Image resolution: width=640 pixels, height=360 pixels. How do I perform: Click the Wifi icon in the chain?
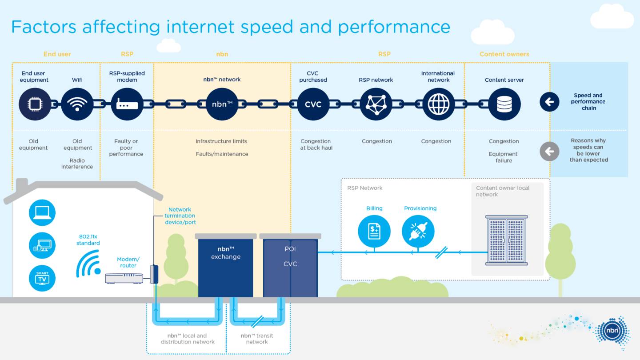tap(77, 104)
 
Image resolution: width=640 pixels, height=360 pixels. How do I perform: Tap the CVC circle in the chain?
tap(313, 104)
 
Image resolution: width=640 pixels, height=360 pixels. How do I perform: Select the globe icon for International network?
tap(438, 104)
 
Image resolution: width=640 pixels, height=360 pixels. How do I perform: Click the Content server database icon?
tap(504, 104)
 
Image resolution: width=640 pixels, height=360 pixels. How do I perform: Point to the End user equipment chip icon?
tap(35, 104)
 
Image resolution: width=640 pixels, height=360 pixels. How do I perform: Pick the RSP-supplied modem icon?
tap(127, 104)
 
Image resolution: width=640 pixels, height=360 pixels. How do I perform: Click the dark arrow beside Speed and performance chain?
tap(549, 102)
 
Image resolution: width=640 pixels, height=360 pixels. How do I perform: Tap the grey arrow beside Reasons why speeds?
tap(549, 151)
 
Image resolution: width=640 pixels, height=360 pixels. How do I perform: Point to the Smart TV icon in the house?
tap(42, 278)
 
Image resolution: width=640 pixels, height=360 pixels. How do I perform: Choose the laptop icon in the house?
tap(42, 213)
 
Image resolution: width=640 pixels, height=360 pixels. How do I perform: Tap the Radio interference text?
tap(77, 164)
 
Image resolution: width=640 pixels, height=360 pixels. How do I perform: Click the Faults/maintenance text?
tap(222, 154)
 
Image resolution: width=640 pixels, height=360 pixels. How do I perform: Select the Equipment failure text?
tap(504, 157)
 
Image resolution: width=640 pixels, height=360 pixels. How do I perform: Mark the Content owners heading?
tap(504, 54)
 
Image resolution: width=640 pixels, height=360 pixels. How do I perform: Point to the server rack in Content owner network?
tap(506, 240)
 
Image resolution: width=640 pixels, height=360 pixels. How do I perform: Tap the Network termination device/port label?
tap(180, 216)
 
